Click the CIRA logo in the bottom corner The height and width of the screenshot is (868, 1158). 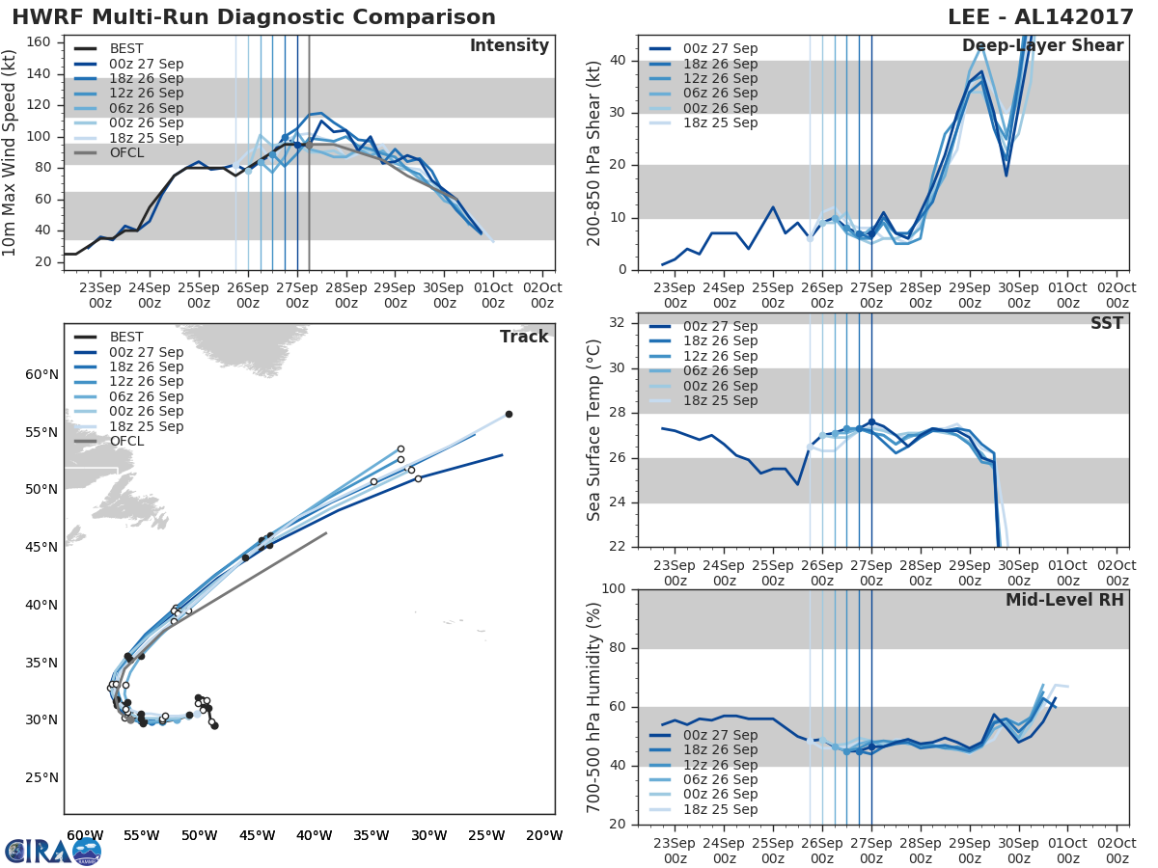click(52, 851)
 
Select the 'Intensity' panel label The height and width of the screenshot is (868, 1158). click(509, 46)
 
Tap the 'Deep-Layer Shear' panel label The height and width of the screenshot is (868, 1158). click(1042, 46)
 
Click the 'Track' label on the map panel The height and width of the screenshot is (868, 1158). click(524, 337)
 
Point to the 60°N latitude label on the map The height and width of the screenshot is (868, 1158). click(41, 374)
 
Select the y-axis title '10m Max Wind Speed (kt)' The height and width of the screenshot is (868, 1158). click(12, 152)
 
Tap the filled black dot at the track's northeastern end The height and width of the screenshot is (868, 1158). click(509, 414)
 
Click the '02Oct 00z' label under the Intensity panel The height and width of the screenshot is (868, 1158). click(541, 295)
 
